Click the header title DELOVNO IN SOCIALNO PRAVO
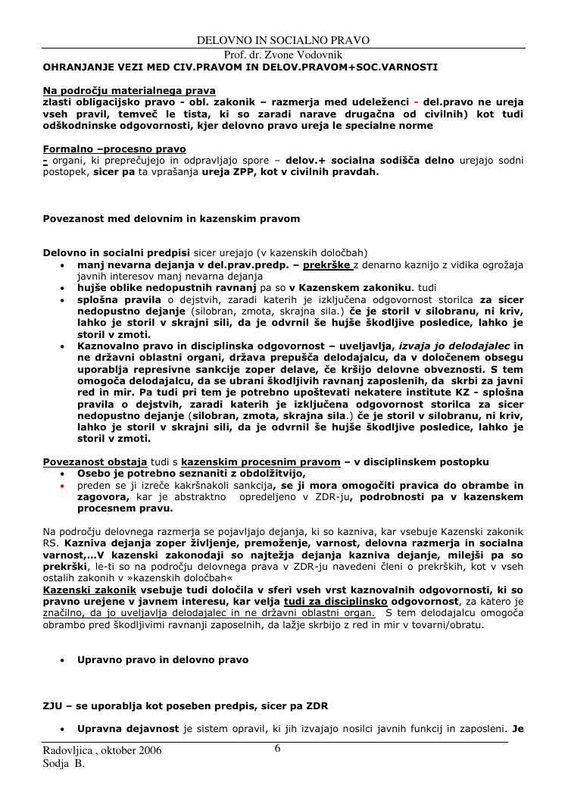coord(283,40)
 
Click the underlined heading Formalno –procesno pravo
coord(114,149)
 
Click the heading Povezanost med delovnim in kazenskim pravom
coord(171,218)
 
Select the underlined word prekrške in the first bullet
coord(326,265)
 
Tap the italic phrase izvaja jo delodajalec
coord(454,346)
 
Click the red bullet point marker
coord(62,486)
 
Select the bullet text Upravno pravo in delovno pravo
coord(163,660)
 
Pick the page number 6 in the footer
coord(278,749)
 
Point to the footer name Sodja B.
coord(64,764)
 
